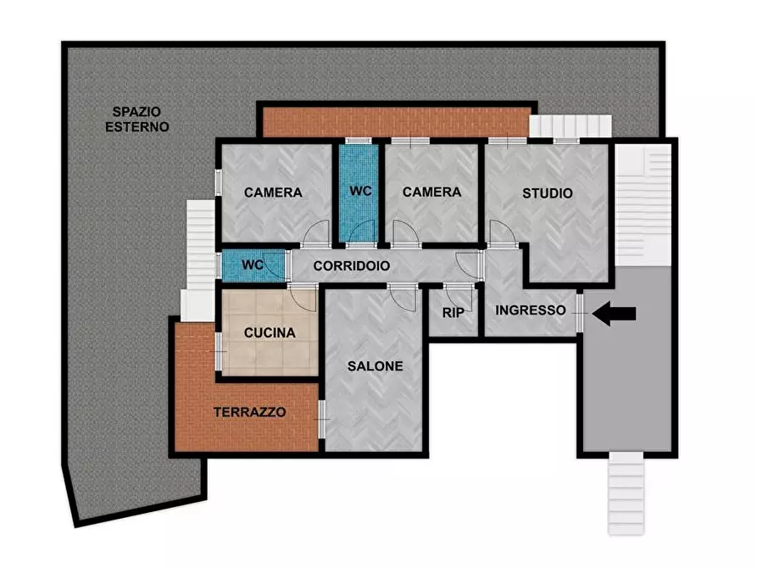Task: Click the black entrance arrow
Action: tap(615, 314)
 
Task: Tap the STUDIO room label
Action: tap(547, 193)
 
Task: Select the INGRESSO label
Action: tap(530, 310)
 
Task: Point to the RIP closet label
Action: tap(451, 313)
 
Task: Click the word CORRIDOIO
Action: tap(352, 265)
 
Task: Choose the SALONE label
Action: tap(375, 366)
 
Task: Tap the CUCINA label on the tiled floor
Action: tap(270, 333)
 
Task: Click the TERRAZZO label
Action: tap(249, 413)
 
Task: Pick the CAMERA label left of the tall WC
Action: tap(273, 192)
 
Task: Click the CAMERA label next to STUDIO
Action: tap(431, 192)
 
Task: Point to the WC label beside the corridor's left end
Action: tap(253, 265)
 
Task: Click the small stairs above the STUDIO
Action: tap(569, 125)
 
